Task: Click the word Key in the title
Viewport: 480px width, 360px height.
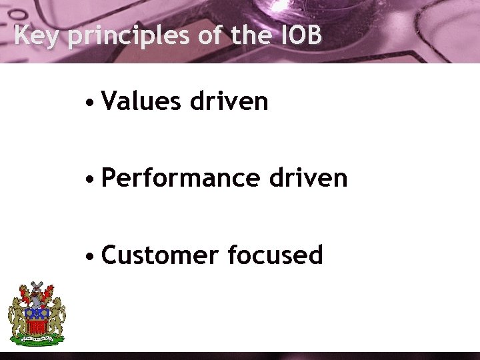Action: point(37,35)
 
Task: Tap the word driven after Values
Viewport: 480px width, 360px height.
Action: point(229,101)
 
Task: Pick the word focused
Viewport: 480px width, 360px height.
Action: point(275,255)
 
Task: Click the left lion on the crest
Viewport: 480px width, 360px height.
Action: point(17,313)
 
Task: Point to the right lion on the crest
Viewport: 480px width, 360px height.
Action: point(57,313)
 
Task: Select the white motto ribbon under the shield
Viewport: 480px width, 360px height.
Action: point(37,340)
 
